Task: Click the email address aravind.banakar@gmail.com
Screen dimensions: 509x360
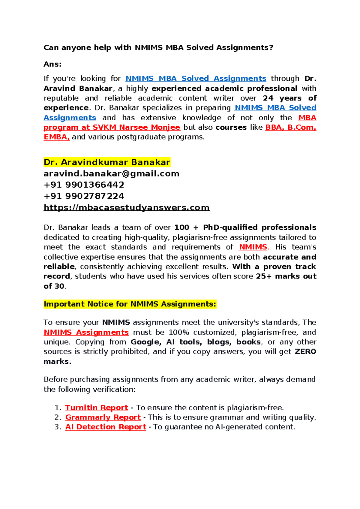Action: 111,174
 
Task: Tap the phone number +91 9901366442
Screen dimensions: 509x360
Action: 84,185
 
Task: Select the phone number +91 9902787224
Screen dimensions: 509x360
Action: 84,196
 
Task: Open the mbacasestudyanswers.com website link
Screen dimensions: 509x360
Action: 126,208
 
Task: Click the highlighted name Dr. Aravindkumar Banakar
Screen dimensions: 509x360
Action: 107,162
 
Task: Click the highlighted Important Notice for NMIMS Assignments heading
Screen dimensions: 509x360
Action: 130,304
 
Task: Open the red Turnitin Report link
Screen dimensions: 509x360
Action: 97,408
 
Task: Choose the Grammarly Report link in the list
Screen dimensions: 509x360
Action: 103,417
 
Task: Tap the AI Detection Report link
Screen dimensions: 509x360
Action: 106,427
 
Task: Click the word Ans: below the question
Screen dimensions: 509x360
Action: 52,64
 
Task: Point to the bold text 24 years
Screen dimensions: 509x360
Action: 282,98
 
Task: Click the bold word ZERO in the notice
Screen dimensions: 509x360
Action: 305,352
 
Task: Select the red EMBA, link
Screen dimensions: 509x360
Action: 57,137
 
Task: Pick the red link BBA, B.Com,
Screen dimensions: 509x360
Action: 291,128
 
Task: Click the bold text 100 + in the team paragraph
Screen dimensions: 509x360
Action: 186,228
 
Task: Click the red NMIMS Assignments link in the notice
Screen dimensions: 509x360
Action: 86,333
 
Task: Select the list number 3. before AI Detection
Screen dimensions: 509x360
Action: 58,427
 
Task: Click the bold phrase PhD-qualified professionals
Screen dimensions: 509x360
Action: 259,228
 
